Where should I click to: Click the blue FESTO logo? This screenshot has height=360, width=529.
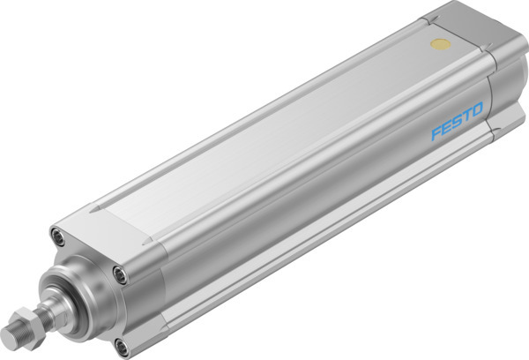click(457, 123)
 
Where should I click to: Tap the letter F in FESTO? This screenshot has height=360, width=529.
click(436, 133)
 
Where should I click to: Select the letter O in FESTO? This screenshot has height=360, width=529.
click(477, 111)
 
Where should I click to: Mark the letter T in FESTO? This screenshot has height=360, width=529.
click(466, 116)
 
